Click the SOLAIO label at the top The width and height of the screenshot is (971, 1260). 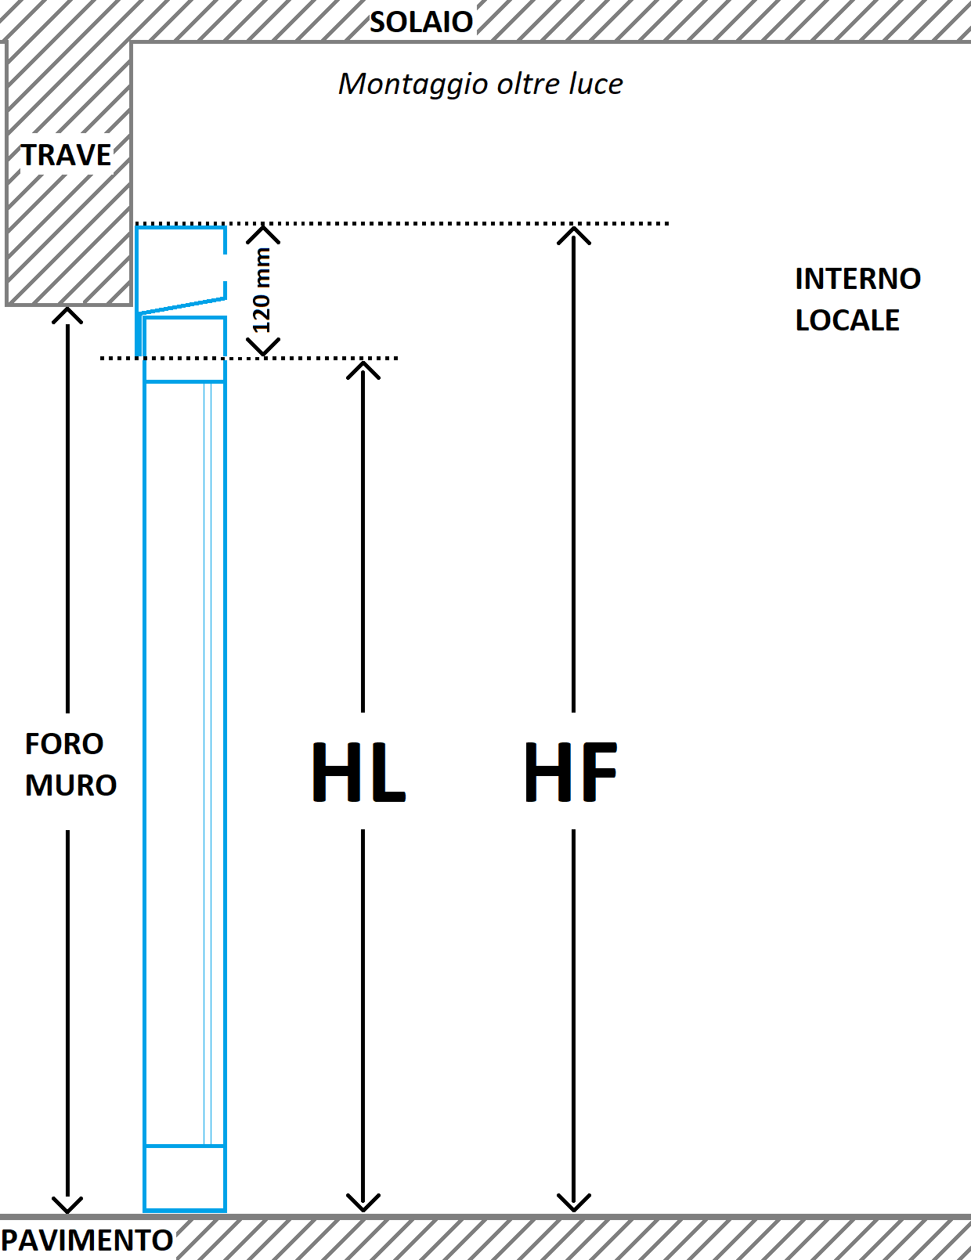coord(421,22)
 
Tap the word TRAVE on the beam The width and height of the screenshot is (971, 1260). coord(66,155)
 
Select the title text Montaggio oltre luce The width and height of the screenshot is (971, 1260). coord(480,84)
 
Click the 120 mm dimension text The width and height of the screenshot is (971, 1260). coord(262,290)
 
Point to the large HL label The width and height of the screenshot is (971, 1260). coord(359,773)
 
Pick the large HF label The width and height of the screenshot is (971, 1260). coord(571,773)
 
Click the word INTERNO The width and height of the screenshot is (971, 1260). coord(857,279)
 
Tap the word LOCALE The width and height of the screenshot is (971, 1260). coord(847,320)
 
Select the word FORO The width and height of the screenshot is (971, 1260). coord(64,744)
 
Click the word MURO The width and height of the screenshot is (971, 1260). coord(70,785)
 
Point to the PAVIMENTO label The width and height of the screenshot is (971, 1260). coord(87,1240)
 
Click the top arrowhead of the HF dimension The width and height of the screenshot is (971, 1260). coord(574,233)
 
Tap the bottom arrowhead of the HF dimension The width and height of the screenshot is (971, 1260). coord(574,1203)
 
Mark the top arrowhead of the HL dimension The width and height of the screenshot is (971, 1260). coord(363,369)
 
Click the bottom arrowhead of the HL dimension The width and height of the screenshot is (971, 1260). coord(363,1203)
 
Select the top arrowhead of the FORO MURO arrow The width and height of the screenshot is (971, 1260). coord(67,315)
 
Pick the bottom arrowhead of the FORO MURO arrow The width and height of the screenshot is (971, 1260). coord(67,1204)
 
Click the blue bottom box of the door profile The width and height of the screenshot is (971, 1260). coord(185,1178)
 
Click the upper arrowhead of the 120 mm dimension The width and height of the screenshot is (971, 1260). coord(264,233)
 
